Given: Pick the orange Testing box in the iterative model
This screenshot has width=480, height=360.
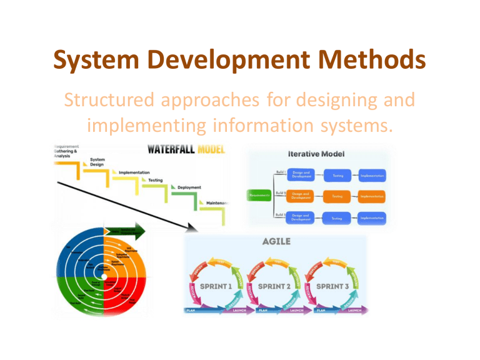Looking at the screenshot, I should coord(338,196).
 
